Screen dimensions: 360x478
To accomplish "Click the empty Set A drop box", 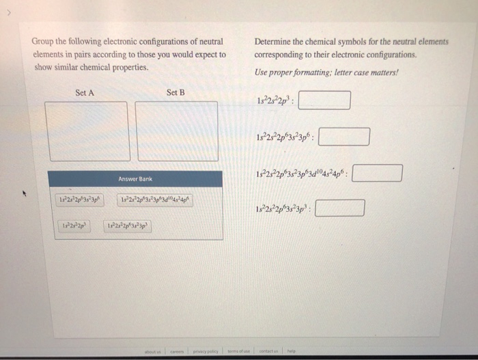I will pos(86,131).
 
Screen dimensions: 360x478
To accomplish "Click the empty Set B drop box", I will pos(176,131).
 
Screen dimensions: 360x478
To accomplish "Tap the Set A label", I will pos(85,93).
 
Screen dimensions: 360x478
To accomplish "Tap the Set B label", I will pos(175,93).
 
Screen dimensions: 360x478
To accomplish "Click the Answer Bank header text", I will pos(135,179).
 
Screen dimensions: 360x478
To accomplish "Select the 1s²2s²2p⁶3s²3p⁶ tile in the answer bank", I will pos(81,200).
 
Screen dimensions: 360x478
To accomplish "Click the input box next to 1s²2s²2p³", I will pos(324,100).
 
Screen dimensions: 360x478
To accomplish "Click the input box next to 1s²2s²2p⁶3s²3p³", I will pos(339,208).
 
